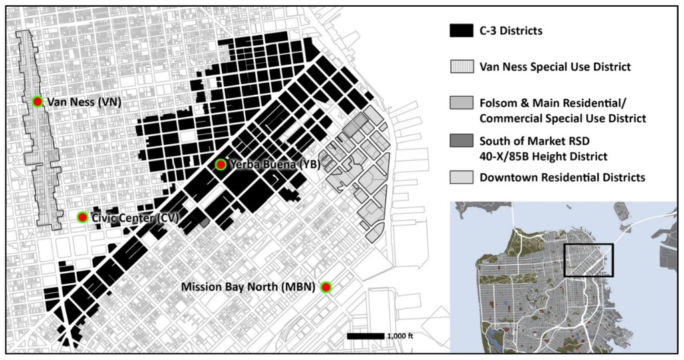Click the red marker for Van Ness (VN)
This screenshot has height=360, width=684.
(x=37, y=101)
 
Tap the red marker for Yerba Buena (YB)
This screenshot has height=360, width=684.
(x=220, y=164)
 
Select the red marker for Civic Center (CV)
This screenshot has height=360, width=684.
(x=82, y=217)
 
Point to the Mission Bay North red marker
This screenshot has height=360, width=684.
(x=326, y=287)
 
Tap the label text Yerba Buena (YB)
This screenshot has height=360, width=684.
(x=263, y=165)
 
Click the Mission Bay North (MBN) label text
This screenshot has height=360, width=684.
(x=250, y=287)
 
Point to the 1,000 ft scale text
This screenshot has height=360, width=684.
(x=399, y=337)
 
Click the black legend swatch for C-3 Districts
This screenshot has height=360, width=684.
(x=460, y=30)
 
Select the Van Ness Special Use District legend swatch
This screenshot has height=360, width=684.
(x=460, y=66)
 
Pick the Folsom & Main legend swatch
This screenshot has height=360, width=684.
(x=460, y=104)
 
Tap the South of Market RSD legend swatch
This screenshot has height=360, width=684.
(x=460, y=141)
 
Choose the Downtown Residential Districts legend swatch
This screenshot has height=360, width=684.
(x=460, y=177)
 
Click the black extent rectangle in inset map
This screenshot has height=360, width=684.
(x=588, y=260)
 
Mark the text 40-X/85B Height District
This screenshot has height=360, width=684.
(x=544, y=156)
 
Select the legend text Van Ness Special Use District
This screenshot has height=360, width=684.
(x=555, y=66)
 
